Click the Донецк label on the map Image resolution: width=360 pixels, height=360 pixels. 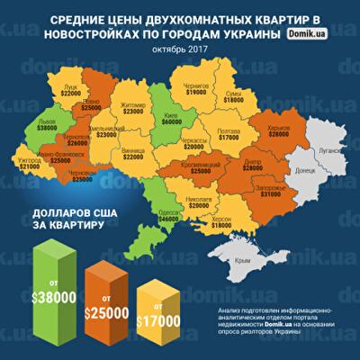[x=305, y=169]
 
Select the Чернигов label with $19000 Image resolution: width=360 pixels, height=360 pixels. [x=197, y=87]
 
